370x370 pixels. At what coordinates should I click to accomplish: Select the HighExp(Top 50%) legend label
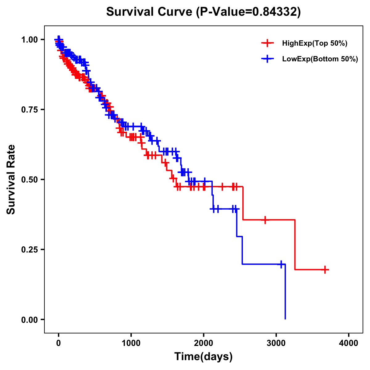[314, 43]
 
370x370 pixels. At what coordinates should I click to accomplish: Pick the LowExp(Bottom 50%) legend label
[320, 59]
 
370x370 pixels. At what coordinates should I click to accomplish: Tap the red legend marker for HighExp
[267, 43]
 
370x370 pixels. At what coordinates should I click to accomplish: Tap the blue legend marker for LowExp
[267, 59]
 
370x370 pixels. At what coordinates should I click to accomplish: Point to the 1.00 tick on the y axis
[30, 39]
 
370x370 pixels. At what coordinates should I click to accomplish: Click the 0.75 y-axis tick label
[30, 109]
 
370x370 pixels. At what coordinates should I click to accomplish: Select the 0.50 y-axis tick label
[30, 179]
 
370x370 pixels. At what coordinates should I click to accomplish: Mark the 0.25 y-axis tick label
[30, 249]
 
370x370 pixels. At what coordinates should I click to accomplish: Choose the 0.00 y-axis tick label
[30, 319]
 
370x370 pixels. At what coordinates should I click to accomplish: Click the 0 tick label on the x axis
[59, 343]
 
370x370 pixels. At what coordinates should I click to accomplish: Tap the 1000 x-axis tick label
[131, 343]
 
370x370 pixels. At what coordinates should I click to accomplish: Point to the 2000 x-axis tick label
[203, 343]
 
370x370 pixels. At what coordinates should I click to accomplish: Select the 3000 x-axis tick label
[276, 343]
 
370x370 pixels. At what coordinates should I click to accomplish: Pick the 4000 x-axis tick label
[349, 343]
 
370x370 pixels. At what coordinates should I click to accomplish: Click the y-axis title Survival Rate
[11, 179]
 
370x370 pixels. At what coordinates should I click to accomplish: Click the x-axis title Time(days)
[203, 357]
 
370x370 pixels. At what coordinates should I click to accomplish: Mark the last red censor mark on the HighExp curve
[325, 269]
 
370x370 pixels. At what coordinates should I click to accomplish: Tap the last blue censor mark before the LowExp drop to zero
[281, 264]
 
